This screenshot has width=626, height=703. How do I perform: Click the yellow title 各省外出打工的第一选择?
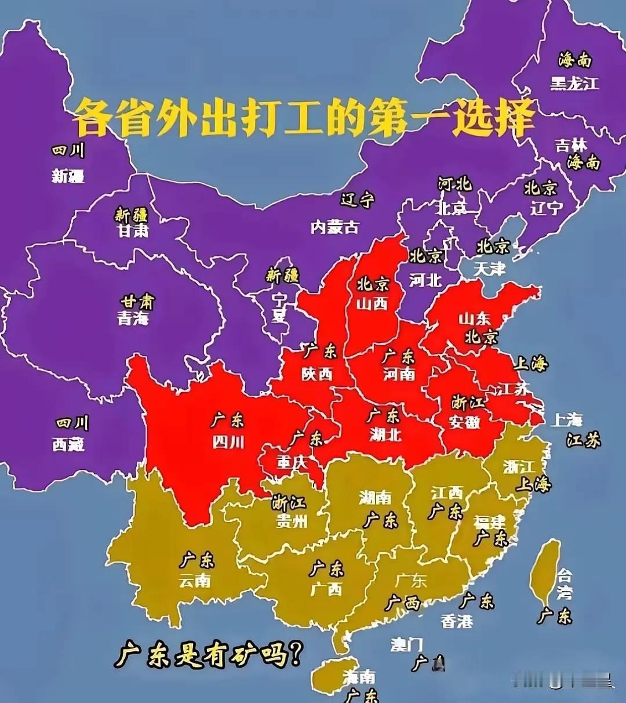[x=303, y=117]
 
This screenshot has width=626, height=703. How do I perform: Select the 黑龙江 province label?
[x=574, y=84]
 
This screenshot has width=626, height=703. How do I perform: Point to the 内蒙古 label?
[x=334, y=227]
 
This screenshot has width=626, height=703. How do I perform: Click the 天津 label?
[x=490, y=268]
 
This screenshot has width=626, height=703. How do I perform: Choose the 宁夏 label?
[x=280, y=307]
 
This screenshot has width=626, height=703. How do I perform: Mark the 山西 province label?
[x=372, y=303]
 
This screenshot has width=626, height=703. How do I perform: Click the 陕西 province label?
[x=317, y=374]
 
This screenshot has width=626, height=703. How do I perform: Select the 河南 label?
[x=399, y=374]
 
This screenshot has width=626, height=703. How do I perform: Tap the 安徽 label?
[x=465, y=422]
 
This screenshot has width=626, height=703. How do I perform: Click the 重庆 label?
[x=292, y=462]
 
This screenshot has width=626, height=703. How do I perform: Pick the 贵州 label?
[x=291, y=521]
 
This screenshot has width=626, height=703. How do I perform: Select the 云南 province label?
[x=195, y=581]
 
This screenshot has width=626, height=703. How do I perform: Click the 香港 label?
[x=457, y=621]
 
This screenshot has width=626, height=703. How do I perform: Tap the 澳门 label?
[x=406, y=644]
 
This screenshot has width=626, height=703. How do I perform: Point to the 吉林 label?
[x=571, y=144]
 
